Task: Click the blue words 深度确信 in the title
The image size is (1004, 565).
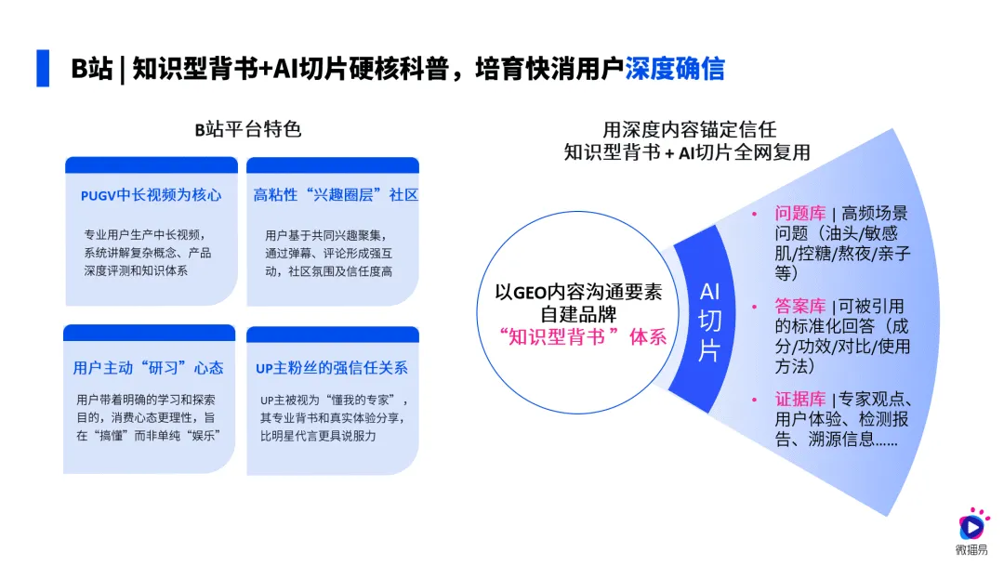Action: [x=674, y=69]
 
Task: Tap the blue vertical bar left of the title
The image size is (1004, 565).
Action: [x=43, y=69]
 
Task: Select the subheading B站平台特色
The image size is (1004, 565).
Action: [x=248, y=129]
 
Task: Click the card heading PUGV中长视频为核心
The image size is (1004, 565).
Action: [x=151, y=195]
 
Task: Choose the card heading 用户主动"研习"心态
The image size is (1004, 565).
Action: [x=149, y=368]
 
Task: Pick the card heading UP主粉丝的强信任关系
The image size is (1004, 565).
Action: [x=332, y=368]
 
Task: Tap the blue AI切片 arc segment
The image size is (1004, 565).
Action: [x=709, y=322]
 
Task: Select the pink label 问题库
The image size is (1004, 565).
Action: [x=800, y=214]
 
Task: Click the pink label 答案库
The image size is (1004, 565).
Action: [x=800, y=306]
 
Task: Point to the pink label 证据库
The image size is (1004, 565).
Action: [x=800, y=399]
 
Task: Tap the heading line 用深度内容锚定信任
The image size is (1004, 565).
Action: [x=689, y=129]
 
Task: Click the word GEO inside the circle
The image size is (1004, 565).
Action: [x=536, y=292]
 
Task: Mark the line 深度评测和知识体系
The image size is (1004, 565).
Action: [x=130, y=270]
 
